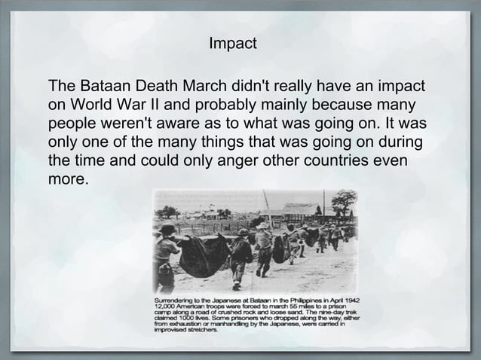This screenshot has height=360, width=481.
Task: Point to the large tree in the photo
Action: pyautogui.click(x=344, y=201)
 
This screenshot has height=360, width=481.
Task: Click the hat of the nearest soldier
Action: pyautogui.click(x=167, y=228)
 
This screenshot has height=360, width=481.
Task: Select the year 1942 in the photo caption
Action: pyautogui.click(x=348, y=302)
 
